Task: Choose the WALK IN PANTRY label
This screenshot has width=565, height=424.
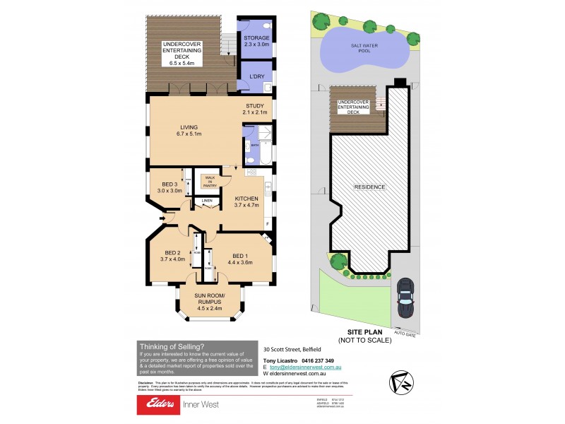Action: pyautogui.click(x=210, y=181)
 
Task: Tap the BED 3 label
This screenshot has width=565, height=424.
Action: pyautogui.click(x=170, y=187)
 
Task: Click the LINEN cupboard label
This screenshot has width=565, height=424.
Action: pyautogui.click(x=207, y=201)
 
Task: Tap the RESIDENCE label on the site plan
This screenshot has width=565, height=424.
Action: pyautogui.click(x=369, y=187)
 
